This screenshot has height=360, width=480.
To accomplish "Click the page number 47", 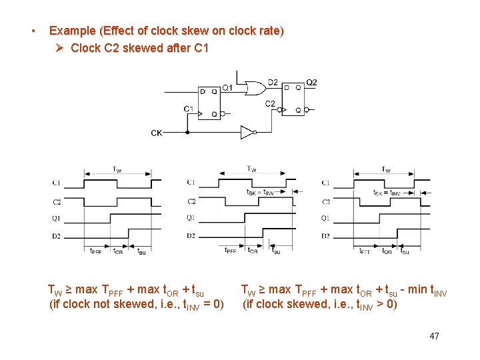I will pyautogui.click(x=435, y=336).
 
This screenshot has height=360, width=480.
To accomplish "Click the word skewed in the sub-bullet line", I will pyautogui.click(x=137, y=48).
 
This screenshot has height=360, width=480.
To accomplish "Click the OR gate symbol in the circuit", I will pyautogui.click(x=254, y=88).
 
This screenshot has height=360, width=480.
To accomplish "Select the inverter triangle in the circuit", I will pyautogui.click(x=247, y=132).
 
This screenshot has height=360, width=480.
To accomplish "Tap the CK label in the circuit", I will pyautogui.click(x=156, y=133).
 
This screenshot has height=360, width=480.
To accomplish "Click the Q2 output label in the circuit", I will pyautogui.click(x=311, y=83).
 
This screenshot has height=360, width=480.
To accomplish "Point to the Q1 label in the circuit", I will pyautogui.click(x=227, y=87).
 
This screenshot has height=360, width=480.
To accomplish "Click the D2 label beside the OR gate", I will pyautogui.click(x=273, y=83).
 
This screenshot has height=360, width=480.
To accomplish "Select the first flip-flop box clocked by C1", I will pyautogui.click(x=209, y=102).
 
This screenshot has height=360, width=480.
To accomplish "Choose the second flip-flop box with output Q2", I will pyautogui.click(x=293, y=99).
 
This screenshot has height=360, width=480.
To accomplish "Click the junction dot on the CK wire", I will pyautogui.click(x=187, y=132).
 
